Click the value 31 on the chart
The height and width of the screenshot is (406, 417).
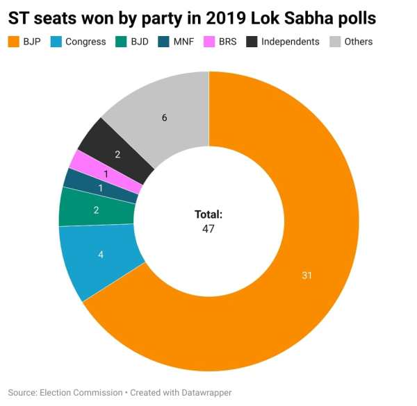click(x=306, y=276)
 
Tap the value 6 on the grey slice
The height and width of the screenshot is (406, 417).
click(x=164, y=118)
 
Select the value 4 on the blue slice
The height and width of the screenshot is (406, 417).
click(x=101, y=255)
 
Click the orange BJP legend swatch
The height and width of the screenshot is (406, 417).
click(x=14, y=42)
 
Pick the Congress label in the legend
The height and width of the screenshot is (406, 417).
click(x=85, y=42)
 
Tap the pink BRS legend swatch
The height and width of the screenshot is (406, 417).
click(x=208, y=42)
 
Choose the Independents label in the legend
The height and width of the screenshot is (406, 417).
click(x=290, y=42)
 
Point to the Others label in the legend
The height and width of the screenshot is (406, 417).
click(x=358, y=42)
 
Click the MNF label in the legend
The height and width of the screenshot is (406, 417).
click(x=183, y=42)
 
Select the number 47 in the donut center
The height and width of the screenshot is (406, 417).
click(x=208, y=228)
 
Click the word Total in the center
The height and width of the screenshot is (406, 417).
click(x=208, y=214)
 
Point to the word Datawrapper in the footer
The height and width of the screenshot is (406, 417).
click(x=201, y=392)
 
